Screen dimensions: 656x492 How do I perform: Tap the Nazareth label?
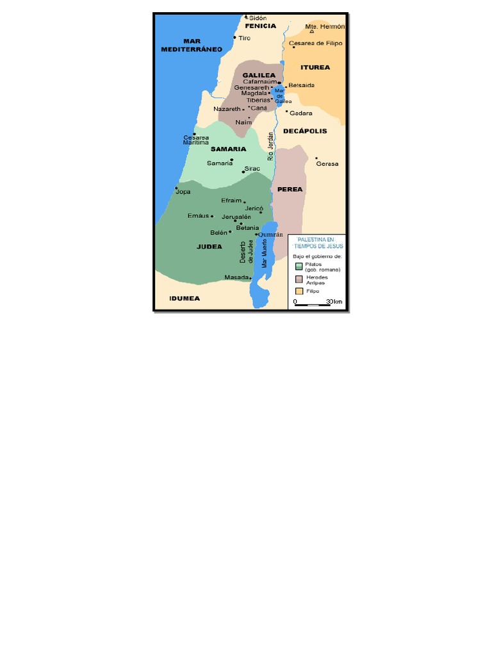click(227, 109)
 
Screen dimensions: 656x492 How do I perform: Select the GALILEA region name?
click(259, 75)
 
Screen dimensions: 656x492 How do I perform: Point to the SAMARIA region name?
click(228, 149)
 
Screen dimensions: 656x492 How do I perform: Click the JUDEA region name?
click(209, 246)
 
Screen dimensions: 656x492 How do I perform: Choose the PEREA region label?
click(290, 189)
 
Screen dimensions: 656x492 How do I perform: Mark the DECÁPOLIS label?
click(305, 131)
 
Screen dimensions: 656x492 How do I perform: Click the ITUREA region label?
click(315, 67)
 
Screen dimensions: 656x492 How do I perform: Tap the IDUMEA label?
click(184, 298)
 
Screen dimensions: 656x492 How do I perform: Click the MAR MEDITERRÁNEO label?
click(191, 45)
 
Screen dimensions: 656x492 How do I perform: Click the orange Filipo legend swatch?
click(299, 291)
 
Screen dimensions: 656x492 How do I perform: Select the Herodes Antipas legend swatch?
click(299, 279)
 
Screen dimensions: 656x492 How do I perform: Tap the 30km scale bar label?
click(334, 301)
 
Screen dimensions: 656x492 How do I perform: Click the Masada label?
click(236, 277)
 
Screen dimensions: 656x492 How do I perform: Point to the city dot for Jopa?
click(177, 188)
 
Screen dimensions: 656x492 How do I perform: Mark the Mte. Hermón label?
click(325, 27)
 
